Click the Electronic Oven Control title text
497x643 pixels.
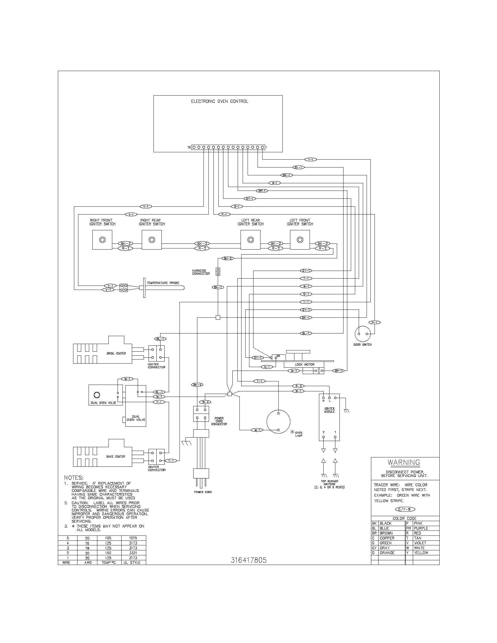coord(219,101)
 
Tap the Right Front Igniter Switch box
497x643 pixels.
coord(102,240)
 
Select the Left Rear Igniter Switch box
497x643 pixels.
coord(250,240)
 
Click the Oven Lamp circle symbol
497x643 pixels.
coord(278,421)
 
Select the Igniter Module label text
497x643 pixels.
coord(329,410)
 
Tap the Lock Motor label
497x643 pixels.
coord(304,364)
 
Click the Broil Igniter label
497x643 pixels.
coord(116,353)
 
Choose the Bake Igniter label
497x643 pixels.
coord(115,457)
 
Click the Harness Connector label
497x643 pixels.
coord(201,272)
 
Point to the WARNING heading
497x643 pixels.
coord(404,463)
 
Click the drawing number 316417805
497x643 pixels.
coord(249,560)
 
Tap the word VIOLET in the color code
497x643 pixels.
coord(420,543)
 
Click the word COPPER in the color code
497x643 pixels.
coord(387,538)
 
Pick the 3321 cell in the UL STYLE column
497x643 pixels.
coord(133,553)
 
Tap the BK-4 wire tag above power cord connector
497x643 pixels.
coord(197,385)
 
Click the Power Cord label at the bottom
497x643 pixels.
coord(203,492)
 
